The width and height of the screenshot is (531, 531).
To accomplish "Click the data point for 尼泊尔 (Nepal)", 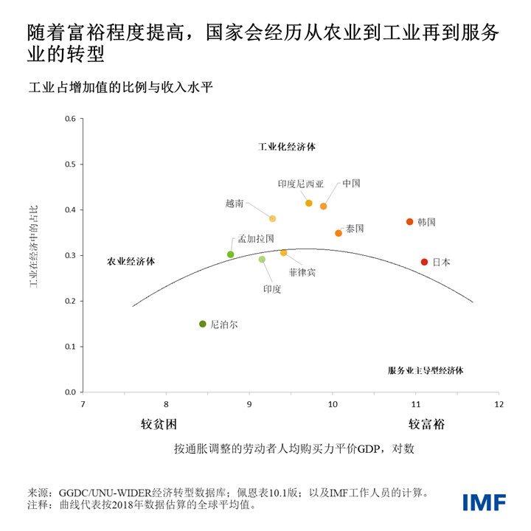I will point(203,324).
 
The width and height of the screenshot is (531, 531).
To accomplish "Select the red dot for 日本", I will point(424,262).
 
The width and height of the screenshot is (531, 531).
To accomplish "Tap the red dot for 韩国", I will point(409,222).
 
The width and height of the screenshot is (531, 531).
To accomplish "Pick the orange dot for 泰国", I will point(339,233).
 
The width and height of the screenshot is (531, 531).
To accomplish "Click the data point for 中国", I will point(323,206).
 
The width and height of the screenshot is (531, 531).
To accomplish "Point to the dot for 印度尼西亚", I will point(308,203).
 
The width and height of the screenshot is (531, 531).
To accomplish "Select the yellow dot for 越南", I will point(272,219).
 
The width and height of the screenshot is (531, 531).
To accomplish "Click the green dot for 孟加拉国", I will point(231,254).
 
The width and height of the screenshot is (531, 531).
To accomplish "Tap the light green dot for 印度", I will point(262,260).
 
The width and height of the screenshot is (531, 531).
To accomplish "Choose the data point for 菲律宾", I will point(283,253).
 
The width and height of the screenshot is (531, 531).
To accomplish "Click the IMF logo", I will point(485,502).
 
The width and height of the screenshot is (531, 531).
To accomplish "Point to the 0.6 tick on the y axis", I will point(72,119).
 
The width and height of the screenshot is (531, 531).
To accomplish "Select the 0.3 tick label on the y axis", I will point(72,255).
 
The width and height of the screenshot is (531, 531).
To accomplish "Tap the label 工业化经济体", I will point(286,147).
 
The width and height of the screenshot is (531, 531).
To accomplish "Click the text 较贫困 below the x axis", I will point(159,425).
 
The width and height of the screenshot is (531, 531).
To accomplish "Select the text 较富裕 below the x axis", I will point(427,425).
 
